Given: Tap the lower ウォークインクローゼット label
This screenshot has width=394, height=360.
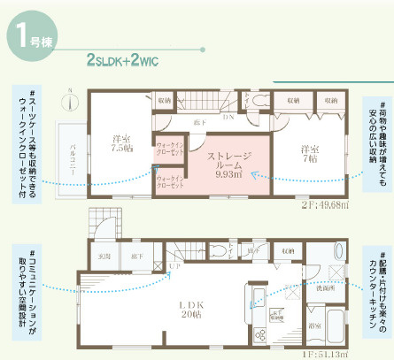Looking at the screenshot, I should point(170,183).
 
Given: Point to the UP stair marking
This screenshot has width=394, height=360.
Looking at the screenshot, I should point(174,266).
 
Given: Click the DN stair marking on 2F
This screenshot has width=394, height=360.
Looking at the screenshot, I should point(228,119).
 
